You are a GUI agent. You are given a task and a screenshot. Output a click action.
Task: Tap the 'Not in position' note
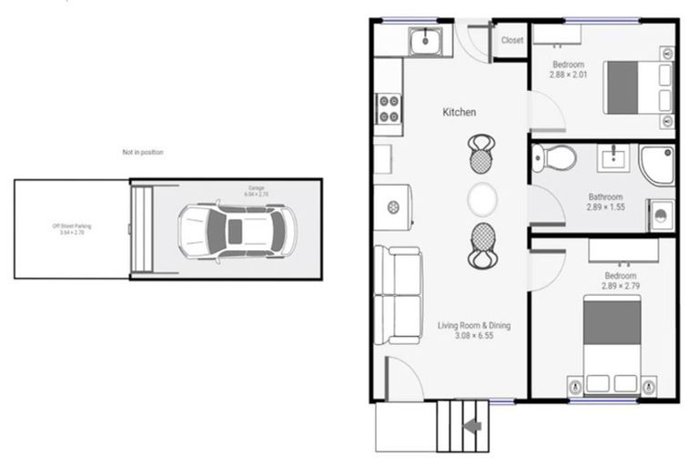143,152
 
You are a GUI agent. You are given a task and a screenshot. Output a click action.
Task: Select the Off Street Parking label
72,228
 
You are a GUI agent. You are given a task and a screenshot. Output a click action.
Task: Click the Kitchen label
460,112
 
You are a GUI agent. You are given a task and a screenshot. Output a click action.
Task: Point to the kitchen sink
425,40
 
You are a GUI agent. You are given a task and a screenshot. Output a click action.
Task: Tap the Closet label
512,40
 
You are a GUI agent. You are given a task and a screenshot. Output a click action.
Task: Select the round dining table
482,198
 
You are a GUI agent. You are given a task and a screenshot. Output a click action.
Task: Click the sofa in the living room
397,294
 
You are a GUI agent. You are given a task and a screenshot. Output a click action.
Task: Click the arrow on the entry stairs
472,425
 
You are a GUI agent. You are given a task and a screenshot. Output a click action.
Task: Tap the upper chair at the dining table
481,154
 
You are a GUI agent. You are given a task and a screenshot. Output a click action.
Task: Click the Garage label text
256,191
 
